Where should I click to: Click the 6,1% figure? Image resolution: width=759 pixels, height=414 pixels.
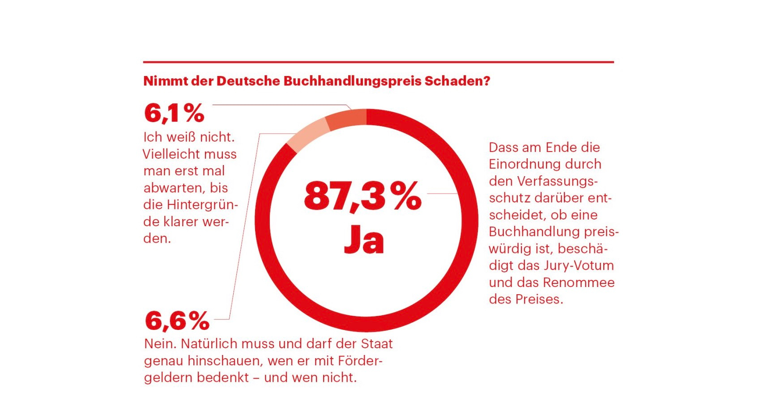point(174,113)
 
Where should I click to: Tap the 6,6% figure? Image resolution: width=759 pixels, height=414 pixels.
point(177,321)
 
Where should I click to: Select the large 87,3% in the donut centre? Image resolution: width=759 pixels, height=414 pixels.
point(362,196)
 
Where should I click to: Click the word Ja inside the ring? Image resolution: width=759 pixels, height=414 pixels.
point(364,239)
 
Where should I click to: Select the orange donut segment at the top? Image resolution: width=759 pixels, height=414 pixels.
point(345,118)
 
